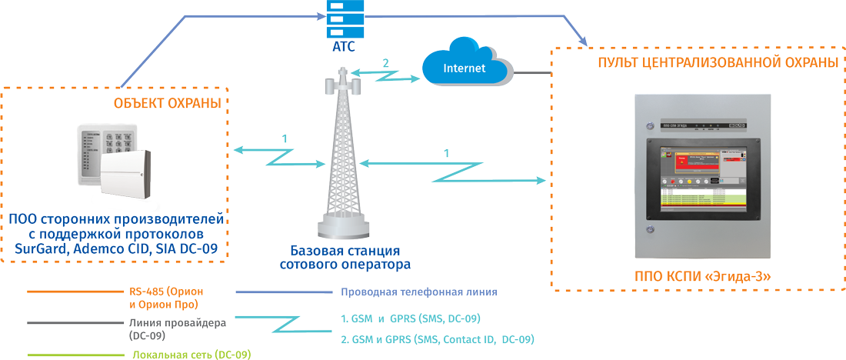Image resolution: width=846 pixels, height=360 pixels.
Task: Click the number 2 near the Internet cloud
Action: coord(386,63)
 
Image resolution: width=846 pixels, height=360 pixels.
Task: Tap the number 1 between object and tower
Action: coord(285,138)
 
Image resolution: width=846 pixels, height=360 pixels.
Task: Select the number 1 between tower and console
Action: coord(448,154)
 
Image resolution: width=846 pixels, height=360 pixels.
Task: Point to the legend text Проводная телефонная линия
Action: coord(418,292)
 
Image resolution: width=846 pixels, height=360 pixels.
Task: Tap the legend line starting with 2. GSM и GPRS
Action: coord(436,339)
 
